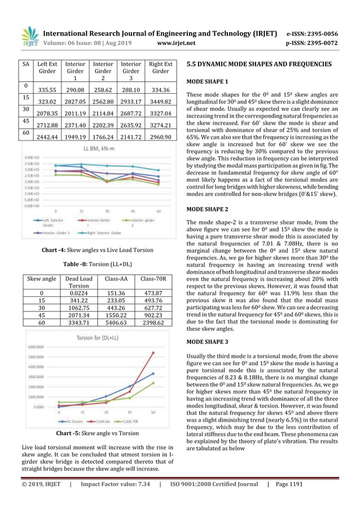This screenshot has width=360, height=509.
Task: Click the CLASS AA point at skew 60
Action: point(153,353)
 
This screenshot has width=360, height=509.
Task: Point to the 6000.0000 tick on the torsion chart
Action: point(40,347)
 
